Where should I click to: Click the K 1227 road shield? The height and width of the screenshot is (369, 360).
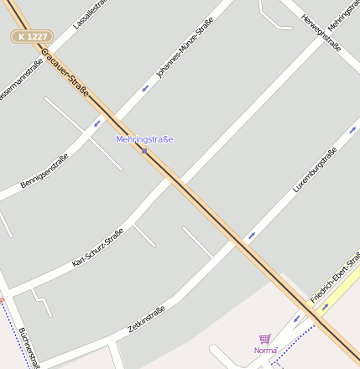click(x=32, y=37)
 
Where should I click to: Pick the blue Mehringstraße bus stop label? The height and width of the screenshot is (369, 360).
click(x=144, y=139)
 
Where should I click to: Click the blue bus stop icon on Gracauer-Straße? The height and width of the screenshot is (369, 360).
click(x=144, y=151)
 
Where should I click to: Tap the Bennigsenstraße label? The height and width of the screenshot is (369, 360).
click(x=44, y=170)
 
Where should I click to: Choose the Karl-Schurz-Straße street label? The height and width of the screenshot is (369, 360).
click(x=97, y=247)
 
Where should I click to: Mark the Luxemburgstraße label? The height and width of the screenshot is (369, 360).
click(x=315, y=170)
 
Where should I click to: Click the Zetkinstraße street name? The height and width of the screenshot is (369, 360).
click(x=146, y=321)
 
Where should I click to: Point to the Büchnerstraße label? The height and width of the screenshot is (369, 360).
click(x=29, y=346)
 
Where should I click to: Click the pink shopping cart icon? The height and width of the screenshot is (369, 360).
click(x=264, y=339)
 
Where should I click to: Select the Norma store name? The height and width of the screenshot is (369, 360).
click(x=265, y=350)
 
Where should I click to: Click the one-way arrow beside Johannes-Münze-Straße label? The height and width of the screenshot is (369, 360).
click(x=145, y=87)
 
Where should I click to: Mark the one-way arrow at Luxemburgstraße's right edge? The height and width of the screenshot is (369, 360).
click(x=352, y=129)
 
